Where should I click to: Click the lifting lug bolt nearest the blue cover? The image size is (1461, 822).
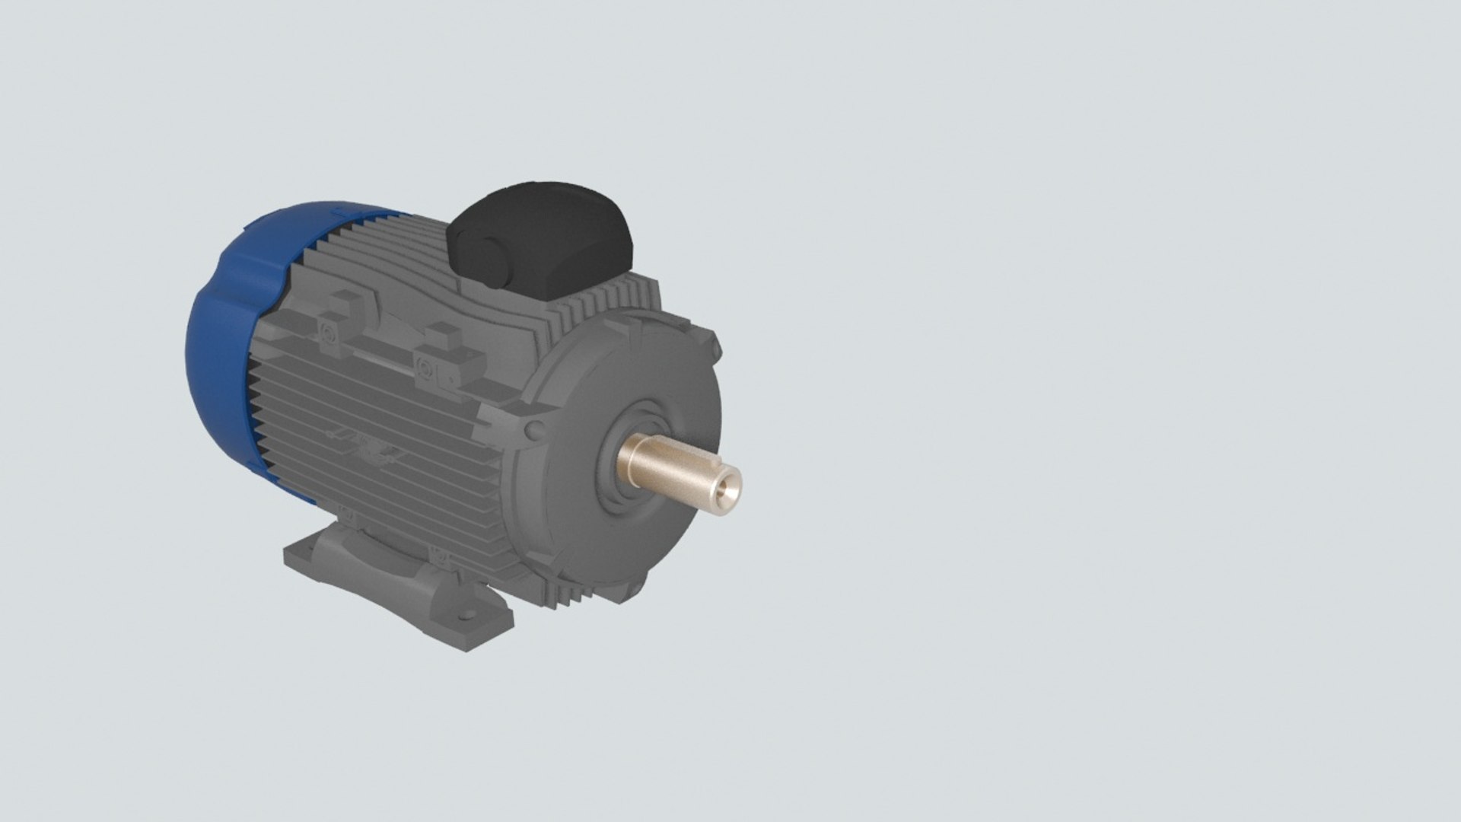pos(328,333)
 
